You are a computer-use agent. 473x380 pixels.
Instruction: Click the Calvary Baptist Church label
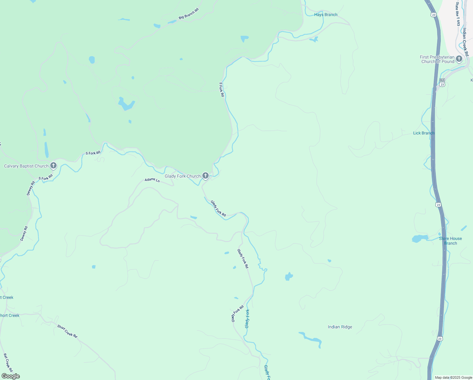pyautogui.click(x=26, y=166)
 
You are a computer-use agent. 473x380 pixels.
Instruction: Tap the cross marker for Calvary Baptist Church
pyautogui.click(x=53, y=165)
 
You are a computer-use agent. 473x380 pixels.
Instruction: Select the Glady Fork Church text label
pyautogui.click(x=182, y=176)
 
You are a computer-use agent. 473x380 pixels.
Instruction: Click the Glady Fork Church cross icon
pyautogui.click(x=206, y=175)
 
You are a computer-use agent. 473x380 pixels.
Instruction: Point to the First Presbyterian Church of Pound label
pyautogui.click(x=437, y=59)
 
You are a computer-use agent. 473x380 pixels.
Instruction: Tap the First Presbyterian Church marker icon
pyautogui.click(x=459, y=59)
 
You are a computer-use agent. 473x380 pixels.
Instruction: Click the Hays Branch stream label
pyautogui.click(x=326, y=15)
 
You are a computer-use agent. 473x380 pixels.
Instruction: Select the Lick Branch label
pyautogui.click(x=424, y=133)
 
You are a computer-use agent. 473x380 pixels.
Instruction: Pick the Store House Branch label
pyautogui.click(x=450, y=241)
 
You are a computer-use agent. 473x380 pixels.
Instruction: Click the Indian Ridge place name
pyautogui.click(x=340, y=327)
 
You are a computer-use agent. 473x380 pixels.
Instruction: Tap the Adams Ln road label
pyautogui.click(x=152, y=180)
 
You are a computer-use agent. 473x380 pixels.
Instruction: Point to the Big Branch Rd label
pyautogui.click(x=189, y=14)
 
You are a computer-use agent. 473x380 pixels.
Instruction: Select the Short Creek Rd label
pyautogui.click(x=67, y=331)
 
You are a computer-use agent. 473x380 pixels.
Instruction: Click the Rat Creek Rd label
pyautogui.click(x=8, y=363)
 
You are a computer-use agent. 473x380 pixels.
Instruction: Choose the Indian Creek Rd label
pyautogui.click(x=465, y=42)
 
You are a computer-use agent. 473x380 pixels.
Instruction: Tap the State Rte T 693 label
pyautogui.click(x=458, y=14)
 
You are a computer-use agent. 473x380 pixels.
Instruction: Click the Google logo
pyautogui.click(x=10, y=376)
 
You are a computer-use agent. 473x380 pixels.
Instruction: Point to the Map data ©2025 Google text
pyautogui.click(x=453, y=377)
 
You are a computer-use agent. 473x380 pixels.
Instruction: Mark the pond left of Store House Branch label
pyautogui.click(x=420, y=238)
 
